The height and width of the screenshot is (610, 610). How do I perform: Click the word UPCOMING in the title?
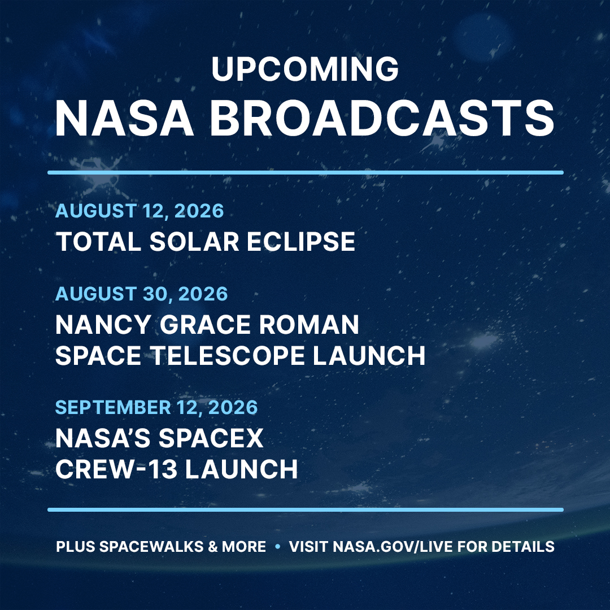coord(305,69)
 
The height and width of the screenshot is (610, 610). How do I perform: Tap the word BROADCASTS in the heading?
coord(382,118)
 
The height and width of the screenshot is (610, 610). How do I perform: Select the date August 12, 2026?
coord(140,211)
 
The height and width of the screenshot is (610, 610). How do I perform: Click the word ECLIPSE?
coord(300,242)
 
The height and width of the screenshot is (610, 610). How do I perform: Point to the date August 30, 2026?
coord(142,294)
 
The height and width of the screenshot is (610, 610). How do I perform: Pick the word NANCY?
coord(103,324)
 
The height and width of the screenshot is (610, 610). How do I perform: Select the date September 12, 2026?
coord(156,407)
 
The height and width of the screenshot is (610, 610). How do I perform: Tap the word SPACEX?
coord(211,438)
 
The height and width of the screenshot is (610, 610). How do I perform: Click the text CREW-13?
coord(116,469)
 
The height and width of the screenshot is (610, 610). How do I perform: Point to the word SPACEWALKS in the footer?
coord(151,547)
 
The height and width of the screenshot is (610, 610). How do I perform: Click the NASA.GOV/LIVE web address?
coord(393,547)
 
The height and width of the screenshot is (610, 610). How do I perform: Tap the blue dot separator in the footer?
coord(277,546)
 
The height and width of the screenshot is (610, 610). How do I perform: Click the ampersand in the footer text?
coord(213,547)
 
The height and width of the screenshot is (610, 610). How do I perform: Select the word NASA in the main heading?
coord(124,118)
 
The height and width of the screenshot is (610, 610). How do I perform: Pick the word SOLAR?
coord(194,242)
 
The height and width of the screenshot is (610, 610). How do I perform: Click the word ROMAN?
coord(309,324)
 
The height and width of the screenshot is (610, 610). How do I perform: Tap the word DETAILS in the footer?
coord(523,547)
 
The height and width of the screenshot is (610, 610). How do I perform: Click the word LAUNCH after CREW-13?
coord(242,469)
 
